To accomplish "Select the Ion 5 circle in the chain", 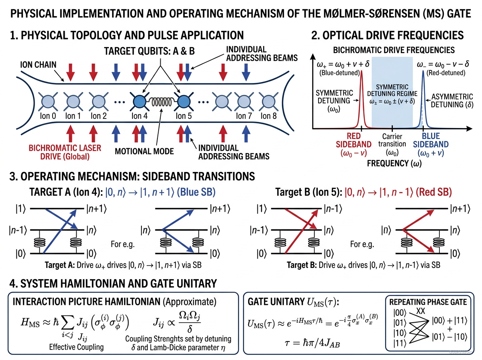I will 184,101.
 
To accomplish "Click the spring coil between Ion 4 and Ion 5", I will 161,101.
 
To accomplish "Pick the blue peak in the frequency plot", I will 423,100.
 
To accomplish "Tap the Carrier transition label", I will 392,140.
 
